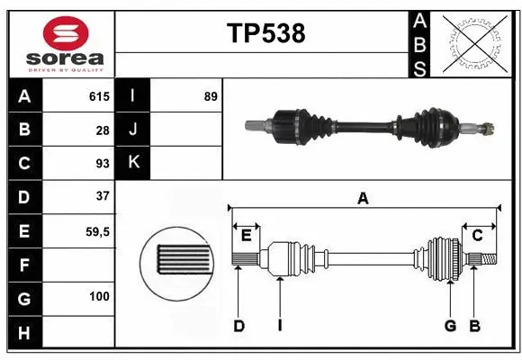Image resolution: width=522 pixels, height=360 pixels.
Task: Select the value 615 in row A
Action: click(98, 96)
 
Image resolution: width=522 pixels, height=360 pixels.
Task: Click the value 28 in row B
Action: click(102, 130)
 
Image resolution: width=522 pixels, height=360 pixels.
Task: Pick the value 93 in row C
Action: click(102, 164)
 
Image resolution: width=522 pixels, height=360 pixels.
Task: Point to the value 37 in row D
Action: click(102, 196)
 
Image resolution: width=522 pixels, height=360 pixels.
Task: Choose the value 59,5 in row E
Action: click(96, 231)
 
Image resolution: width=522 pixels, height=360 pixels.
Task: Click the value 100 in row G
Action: click(99, 296)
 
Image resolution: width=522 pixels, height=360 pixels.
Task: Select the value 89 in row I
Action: click(211, 96)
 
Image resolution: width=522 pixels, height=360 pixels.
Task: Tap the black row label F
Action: click(24, 265)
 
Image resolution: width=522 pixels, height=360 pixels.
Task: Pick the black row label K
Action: click(133, 163)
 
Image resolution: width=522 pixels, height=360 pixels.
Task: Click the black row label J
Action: click(133, 130)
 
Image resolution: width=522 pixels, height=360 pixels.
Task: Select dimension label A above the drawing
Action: click(364, 198)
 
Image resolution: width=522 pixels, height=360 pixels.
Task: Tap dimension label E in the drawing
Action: click(246, 236)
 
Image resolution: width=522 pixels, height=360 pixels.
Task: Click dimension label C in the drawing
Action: click(478, 236)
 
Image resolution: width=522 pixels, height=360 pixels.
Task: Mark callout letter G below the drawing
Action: click(450, 326)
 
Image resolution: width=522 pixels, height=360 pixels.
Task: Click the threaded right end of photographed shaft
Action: click(489, 128)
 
